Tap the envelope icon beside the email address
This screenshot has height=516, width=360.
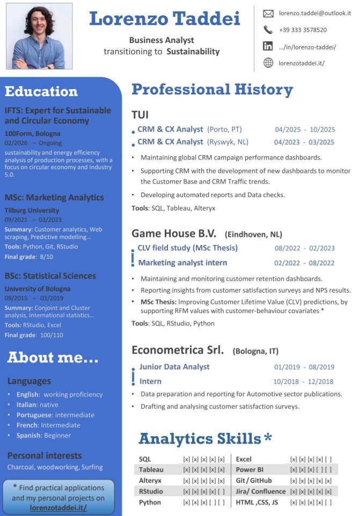coord(268,13)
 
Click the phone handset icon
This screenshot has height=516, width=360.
coord(268,30)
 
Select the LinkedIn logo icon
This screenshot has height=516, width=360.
coord(268,47)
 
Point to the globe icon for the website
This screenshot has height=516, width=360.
coord(268,63)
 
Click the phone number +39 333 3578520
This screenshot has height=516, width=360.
coord(303,30)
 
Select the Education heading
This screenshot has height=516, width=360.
coord(41,92)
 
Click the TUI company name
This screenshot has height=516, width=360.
coord(140,115)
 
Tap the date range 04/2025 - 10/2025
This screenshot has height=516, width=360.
coord(305,129)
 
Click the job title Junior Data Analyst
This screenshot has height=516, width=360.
coord(174,367)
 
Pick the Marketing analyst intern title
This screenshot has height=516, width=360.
coord(182,263)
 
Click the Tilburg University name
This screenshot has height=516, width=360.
coord(32,210)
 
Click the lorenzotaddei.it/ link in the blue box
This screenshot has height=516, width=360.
coord(58,507)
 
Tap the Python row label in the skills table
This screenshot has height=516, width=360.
coord(150,502)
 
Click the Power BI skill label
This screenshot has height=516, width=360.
coord(248,469)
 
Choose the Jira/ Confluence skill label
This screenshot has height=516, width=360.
coord(261,491)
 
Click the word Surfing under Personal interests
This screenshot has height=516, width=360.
coord(92,467)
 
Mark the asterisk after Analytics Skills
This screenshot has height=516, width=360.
coord(268,438)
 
